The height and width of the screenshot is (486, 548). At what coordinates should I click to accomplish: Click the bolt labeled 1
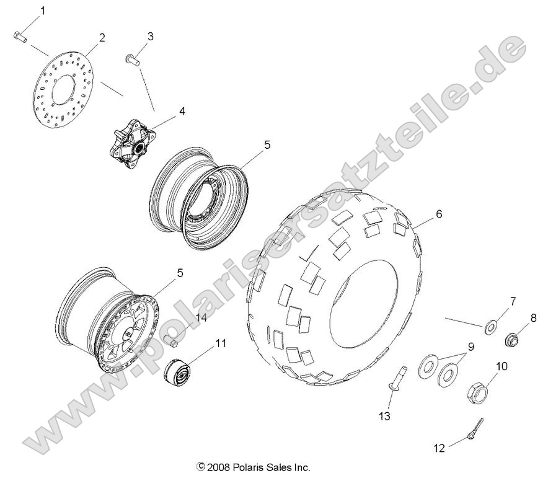pyautogui.click(x=19, y=36)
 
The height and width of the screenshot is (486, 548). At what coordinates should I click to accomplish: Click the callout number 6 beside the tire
pyautogui.click(x=438, y=214)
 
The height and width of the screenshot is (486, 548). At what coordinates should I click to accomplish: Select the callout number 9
pyautogui.click(x=471, y=347)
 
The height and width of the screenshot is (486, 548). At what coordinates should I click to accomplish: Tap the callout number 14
pyautogui.click(x=200, y=318)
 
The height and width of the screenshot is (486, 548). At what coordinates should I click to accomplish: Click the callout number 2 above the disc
pyautogui.click(x=102, y=38)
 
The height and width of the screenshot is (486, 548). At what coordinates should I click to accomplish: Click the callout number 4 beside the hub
pyautogui.click(x=182, y=112)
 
